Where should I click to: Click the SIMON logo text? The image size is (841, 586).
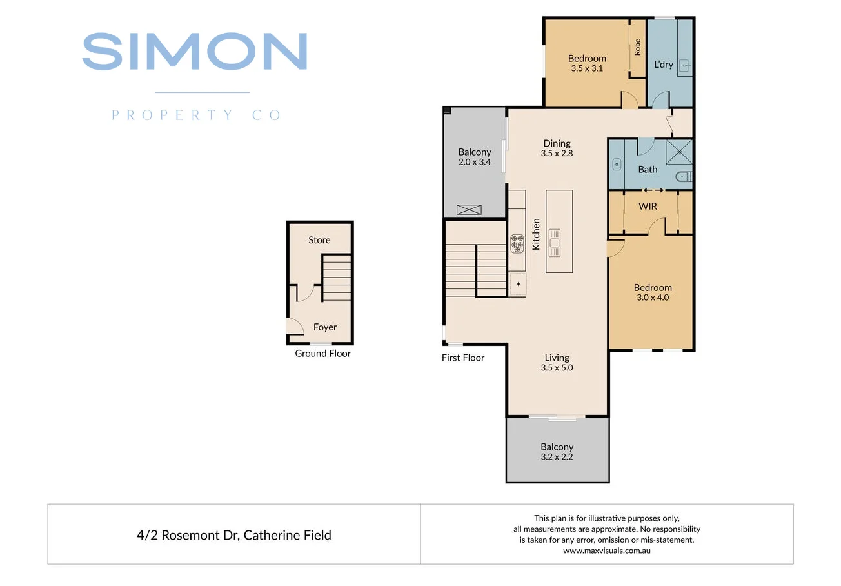tap(194, 52)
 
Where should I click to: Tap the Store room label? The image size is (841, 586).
tap(319, 240)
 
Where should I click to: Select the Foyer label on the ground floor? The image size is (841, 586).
tap(325, 327)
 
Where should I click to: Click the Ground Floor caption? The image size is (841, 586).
tap(322, 353)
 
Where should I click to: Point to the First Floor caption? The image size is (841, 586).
tap(462, 358)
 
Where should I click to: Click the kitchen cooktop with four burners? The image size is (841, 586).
tap(517, 243)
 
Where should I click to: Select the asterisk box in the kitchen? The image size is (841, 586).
tap(518, 284)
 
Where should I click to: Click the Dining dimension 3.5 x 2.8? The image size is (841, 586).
tap(557, 154)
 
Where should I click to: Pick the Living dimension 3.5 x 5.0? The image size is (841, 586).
tap(557, 368)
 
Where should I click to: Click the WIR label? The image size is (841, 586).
tap(648, 207)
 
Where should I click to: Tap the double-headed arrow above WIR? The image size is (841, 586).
tap(653, 190)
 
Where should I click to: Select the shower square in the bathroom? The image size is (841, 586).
tap(678, 152)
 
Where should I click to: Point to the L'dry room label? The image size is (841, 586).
tap(664, 65)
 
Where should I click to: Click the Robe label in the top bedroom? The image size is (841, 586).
tap(637, 47)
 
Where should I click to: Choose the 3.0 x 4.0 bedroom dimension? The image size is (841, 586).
tap(652, 298)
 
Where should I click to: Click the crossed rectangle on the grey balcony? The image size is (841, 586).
tap(469, 209)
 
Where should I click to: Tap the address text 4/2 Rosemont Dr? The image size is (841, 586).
tap(234, 535)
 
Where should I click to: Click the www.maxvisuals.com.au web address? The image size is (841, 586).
tap(606, 551)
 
